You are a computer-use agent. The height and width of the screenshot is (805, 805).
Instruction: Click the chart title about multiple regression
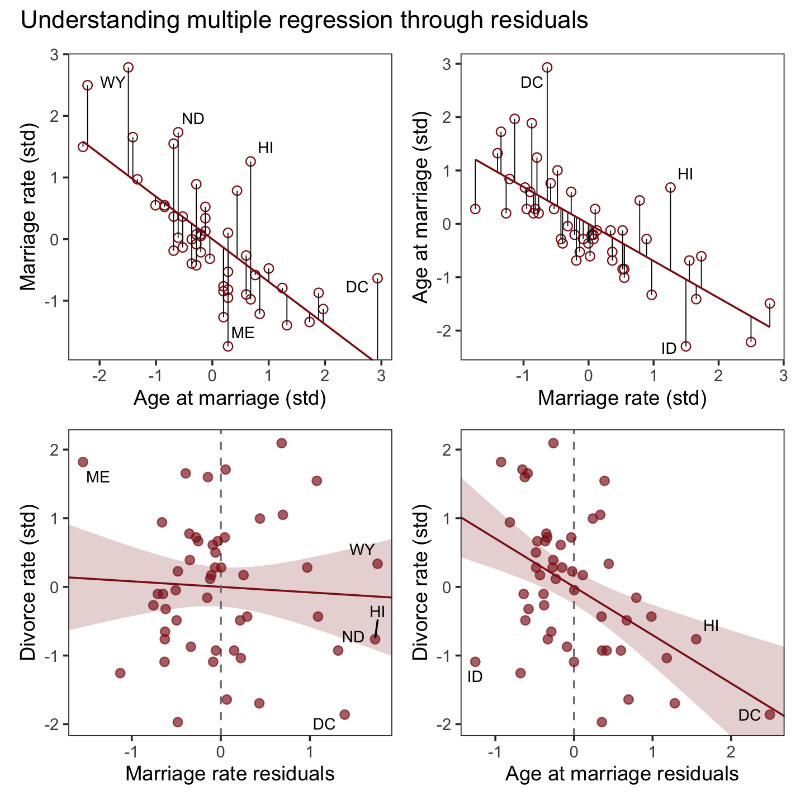point(304,20)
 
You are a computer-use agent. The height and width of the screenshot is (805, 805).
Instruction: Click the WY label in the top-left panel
point(112,83)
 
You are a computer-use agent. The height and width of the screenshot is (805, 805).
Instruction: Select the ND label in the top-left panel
point(193,119)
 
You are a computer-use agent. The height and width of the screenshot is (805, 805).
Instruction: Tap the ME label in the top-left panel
point(243,333)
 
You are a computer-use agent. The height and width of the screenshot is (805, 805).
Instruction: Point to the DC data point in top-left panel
point(377,278)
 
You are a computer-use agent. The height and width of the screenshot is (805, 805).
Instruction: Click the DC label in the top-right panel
point(532,83)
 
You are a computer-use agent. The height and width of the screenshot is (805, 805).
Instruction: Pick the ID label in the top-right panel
point(669,349)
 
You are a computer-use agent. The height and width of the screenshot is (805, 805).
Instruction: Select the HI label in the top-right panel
point(685,174)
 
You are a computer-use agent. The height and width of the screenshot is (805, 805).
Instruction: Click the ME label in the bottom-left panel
point(98,477)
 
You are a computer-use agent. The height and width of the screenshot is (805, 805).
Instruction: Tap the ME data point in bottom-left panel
point(83,462)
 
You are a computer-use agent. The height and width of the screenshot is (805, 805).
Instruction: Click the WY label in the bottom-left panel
point(362,550)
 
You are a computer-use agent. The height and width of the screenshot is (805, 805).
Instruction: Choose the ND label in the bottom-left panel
point(353,637)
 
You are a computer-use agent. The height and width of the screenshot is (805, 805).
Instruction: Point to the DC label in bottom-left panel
point(324,724)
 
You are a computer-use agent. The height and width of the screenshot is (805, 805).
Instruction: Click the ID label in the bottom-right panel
point(475,677)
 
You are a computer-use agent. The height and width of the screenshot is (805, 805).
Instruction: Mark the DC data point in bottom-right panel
point(770,714)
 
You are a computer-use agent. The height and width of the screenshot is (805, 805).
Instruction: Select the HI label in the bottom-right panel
point(711,626)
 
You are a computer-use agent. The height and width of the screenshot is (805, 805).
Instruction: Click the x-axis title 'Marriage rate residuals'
point(230,774)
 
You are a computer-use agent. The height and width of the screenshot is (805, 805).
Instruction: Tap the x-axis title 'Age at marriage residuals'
point(622,774)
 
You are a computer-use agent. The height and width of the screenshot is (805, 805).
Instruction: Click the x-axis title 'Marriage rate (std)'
point(622,398)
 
